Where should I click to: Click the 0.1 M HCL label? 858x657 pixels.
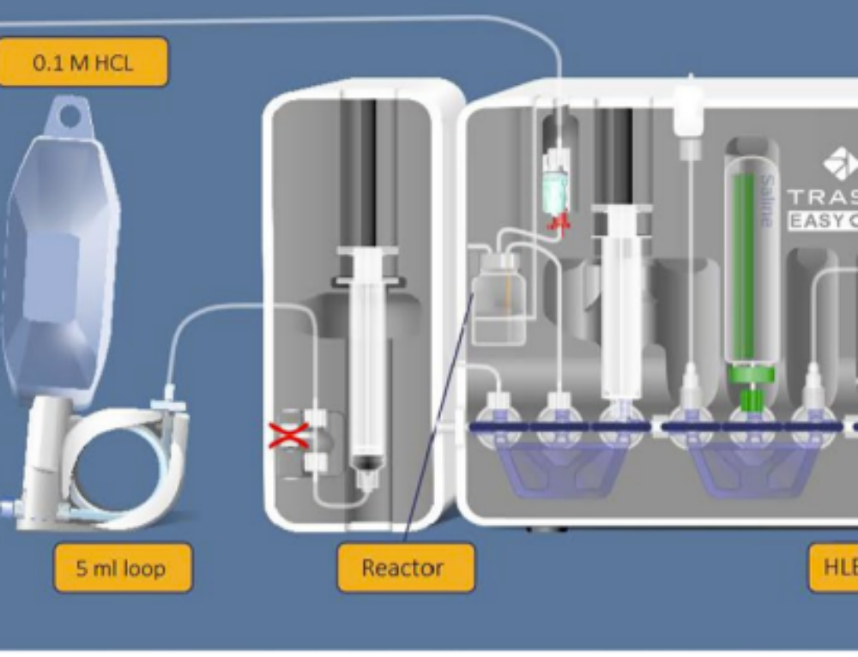tap(82, 63)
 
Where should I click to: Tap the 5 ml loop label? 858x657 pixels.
tap(122, 568)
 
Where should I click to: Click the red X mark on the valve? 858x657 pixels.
tap(289, 436)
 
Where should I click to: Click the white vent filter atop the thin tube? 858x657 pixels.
tap(688, 112)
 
